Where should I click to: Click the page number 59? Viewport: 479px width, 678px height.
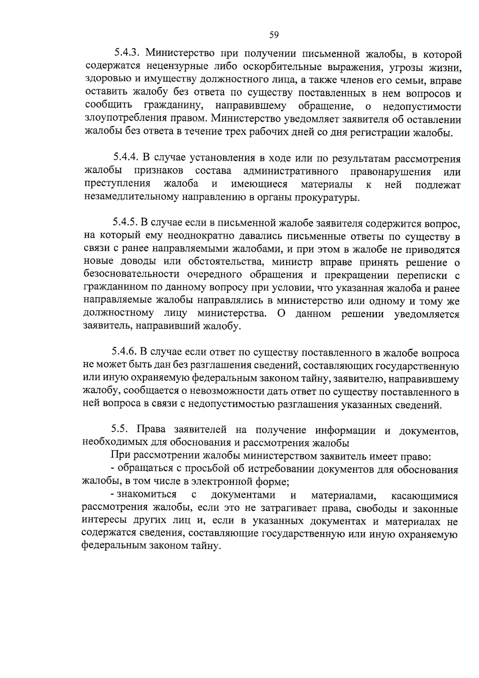pos(274,35)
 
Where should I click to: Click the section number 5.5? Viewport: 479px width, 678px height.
pos(119,429)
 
